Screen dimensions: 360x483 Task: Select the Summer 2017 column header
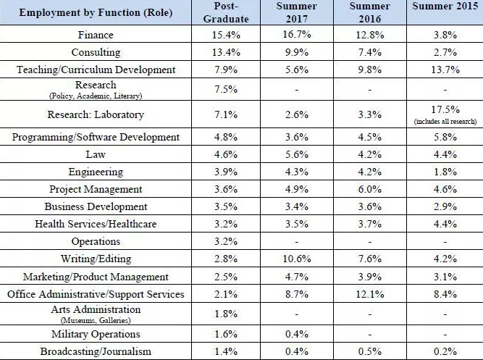[297, 12]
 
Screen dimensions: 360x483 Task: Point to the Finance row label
[96, 35]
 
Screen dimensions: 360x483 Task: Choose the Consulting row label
[96, 52]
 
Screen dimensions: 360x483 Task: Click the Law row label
[96, 154]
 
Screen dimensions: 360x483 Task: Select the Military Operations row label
[96, 334]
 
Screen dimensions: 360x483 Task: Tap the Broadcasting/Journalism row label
[96, 351]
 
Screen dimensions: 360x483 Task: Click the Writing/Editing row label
[96, 259]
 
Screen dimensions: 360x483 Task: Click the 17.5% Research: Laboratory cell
[444, 109]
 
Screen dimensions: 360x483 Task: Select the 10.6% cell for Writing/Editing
[297, 259]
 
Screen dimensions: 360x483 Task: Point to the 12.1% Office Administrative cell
[369, 294]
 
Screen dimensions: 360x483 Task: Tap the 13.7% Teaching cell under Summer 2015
[444, 70]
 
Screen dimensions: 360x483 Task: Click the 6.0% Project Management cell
[369, 189]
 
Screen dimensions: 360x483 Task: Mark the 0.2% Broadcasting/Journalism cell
[444, 351]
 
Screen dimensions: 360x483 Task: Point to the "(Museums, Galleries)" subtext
[96, 319]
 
